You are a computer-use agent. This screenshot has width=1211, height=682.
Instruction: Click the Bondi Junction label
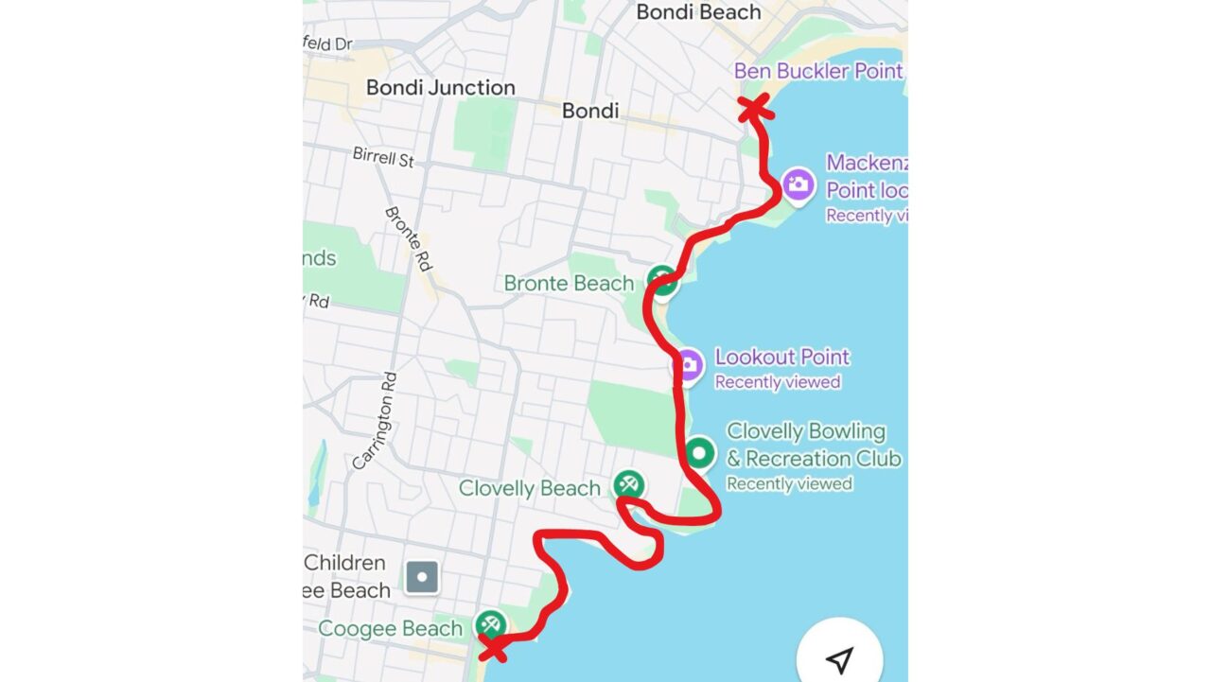coord(441,88)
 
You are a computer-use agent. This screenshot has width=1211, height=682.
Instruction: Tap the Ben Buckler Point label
coord(818,71)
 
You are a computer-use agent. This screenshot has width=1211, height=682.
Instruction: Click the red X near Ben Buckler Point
coord(754,109)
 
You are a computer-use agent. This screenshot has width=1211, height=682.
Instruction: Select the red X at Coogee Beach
coord(492,648)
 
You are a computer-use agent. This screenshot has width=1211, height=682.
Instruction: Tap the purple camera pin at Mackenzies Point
coord(799,184)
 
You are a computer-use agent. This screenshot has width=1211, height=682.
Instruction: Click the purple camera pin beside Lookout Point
coord(688,365)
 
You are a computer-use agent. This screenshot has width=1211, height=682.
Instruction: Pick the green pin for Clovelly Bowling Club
coord(699,453)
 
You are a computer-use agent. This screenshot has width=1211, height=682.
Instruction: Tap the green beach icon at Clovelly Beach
coord(628,485)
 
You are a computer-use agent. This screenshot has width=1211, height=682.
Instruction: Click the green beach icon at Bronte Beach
coord(662,280)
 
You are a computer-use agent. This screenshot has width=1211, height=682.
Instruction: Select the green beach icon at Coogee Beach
coord(489,624)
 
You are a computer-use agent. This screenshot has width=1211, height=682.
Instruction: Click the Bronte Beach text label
coord(569,284)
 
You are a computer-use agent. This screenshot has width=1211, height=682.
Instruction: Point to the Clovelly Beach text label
coord(530,489)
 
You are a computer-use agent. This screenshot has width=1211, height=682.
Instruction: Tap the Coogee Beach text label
coord(391,629)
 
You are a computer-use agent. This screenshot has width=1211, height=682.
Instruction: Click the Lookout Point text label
coord(782,358)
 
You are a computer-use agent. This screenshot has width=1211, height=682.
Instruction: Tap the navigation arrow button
coord(839,659)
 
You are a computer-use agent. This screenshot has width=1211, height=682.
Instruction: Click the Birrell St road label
coord(383,156)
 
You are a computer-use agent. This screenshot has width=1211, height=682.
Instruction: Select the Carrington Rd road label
coord(375,420)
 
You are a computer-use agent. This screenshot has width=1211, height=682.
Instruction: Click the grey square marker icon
coord(421,576)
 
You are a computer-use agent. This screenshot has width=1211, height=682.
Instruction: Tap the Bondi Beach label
coord(698,12)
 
